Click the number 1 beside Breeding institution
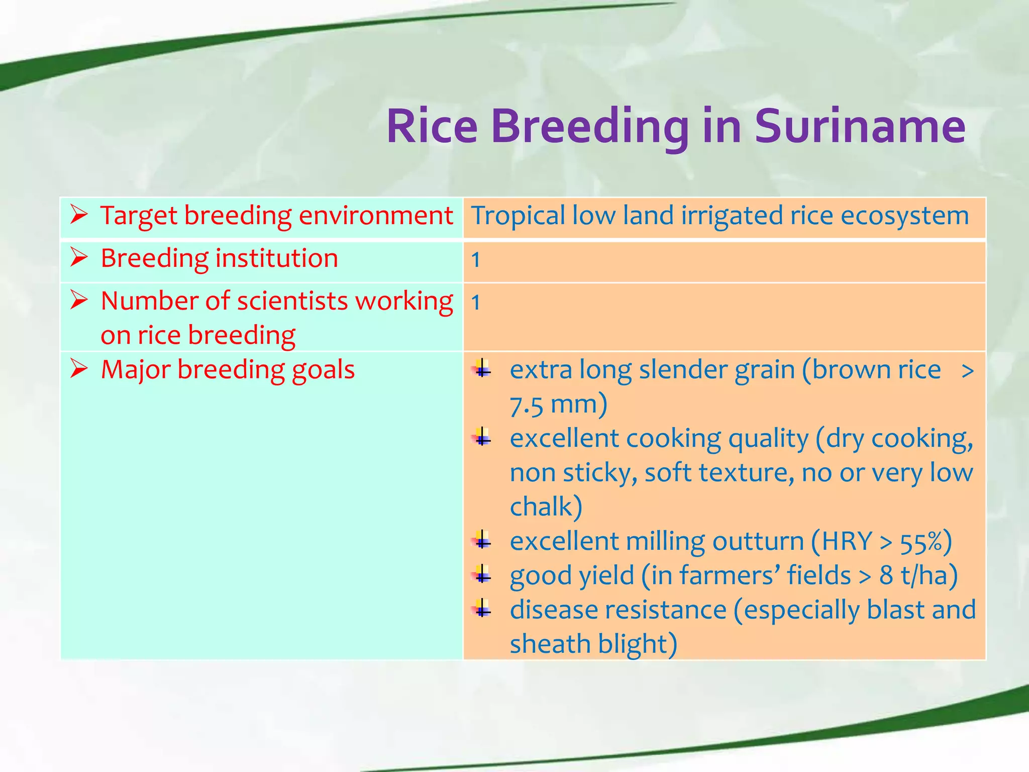point(475,260)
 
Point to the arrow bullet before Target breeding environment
point(79,215)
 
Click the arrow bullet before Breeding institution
point(79,257)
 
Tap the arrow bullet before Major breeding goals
point(79,368)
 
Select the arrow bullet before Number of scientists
point(79,300)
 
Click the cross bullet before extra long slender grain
point(482,368)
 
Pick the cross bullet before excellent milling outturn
point(482,540)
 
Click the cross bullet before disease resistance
point(482,609)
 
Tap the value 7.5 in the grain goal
point(526,405)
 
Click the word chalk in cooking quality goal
point(542,507)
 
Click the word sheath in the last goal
point(550,644)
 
